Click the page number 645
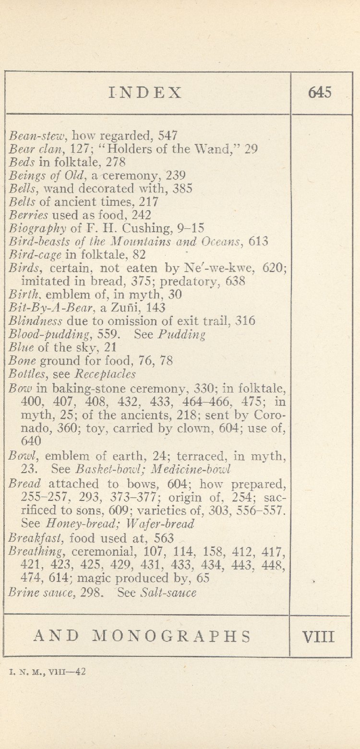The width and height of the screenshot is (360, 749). (320, 93)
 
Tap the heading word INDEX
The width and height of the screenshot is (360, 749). (146, 93)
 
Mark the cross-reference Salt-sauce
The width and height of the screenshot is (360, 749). (168, 593)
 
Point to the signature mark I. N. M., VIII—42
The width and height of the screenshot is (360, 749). (48, 672)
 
